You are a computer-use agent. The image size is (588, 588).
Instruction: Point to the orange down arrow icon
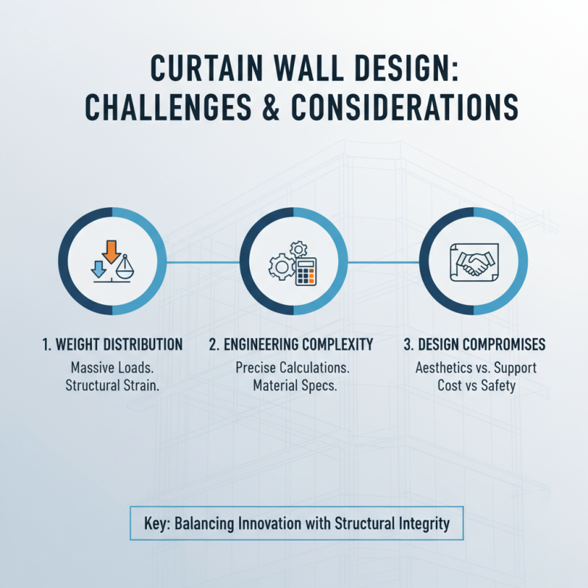pyautogui.click(x=111, y=251)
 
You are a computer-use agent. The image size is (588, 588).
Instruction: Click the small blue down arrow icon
pyautogui.click(x=96, y=268)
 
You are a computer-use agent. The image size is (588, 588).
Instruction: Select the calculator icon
pyautogui.click(x=306, y=273)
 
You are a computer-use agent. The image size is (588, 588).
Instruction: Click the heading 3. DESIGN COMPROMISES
pyautogui.click(x=473, y=345)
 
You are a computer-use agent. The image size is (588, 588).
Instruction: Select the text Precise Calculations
pyautogui.click(x=292, y=367)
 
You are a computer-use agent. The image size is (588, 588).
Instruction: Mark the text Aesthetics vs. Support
pyautogui.click(x=473, y=367)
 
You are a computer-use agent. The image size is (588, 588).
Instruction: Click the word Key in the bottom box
pyautogui.click(x=159, y=525)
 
